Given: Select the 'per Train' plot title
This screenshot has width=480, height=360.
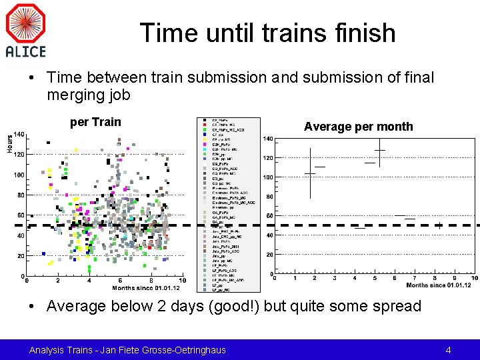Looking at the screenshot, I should (95, 121).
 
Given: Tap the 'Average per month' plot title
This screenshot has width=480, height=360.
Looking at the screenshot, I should (358, 127).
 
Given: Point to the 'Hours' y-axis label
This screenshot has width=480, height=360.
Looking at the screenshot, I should (10, 143).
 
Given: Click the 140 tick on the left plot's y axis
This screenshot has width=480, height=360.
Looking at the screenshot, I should (19, 135).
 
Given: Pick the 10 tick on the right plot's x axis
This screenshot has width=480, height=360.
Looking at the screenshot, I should (474, 278).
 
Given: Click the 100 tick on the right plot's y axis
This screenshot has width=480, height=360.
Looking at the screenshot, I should (267, 177).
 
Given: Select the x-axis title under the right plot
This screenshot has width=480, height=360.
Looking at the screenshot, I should (438, 285).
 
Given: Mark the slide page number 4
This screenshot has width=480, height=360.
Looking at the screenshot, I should (448, 349).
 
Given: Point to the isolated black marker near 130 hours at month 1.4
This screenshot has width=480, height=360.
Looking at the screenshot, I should (47, 142).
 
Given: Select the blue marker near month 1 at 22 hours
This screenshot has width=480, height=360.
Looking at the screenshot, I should (44, 253).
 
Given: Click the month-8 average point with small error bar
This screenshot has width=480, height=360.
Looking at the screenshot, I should (439, 225).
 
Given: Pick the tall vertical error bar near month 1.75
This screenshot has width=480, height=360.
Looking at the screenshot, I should (310, 173).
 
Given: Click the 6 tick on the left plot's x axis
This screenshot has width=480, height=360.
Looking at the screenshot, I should (120, 281).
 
